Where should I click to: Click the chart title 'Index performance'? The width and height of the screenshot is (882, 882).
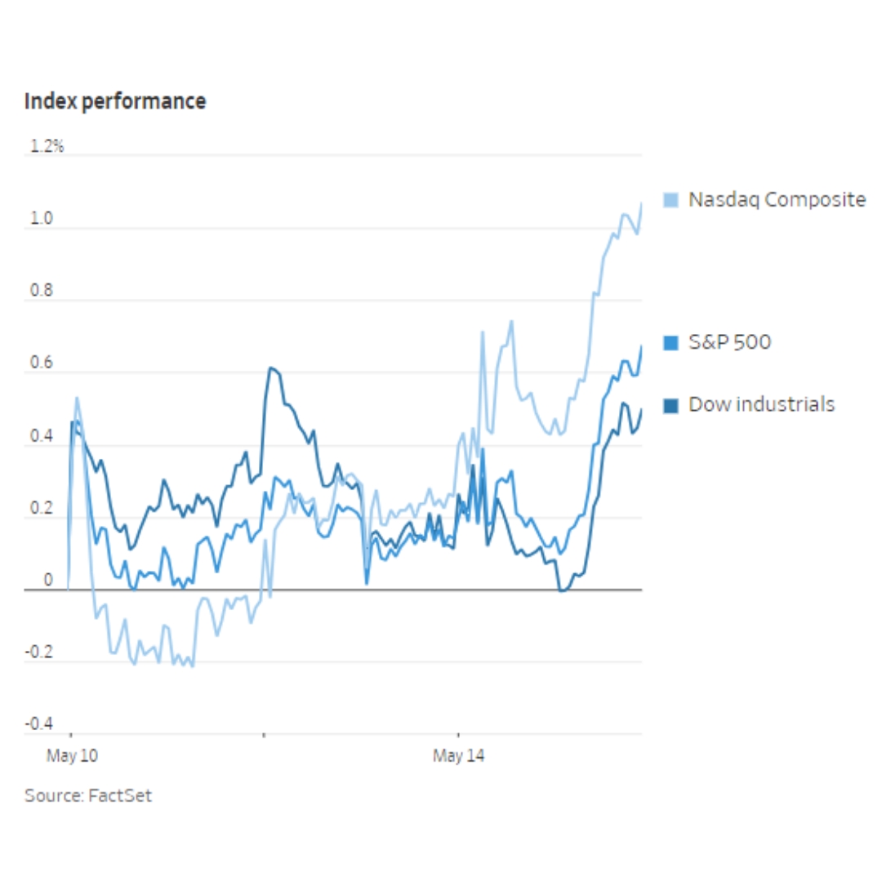point(115,101)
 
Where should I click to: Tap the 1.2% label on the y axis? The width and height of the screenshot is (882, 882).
point(47,147)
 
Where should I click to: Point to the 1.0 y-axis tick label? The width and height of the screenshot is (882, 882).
point(42,220)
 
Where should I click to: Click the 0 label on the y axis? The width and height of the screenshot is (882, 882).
point(47,581)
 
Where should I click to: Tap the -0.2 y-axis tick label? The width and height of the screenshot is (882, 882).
point(39,653)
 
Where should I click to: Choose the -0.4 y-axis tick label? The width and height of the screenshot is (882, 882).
point(39,724)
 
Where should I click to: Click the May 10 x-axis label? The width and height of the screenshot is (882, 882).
point(72,756)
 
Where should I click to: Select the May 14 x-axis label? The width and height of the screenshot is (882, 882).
point(458,756)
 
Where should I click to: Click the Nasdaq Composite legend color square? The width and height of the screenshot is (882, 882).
point(671,200)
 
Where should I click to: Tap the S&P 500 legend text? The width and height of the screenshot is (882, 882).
point(729,342)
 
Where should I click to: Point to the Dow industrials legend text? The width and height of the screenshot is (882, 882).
point(761,404)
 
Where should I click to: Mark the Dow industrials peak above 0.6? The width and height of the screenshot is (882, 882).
point(271,368)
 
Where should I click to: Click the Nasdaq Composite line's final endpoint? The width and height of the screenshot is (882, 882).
point(641,203)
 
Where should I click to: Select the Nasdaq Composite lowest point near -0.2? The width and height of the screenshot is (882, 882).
point(192,666)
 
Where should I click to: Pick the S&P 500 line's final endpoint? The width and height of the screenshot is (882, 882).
point(641,346)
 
